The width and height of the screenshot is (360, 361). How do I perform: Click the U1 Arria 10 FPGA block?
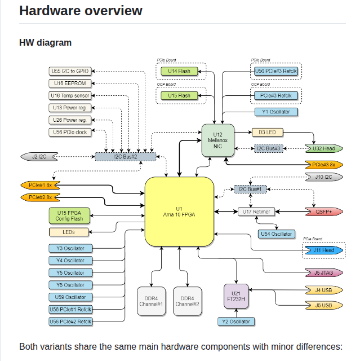tap(179, 212)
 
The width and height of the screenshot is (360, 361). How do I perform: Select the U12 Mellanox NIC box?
tap(218, 141)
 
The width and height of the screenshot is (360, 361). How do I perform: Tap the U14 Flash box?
tap(179, 71)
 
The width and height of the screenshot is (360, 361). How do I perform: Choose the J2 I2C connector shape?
tap(39, 156)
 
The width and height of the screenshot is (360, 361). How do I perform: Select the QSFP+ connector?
tap(323, 212)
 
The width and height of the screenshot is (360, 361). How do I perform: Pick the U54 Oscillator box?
tap(276, 234)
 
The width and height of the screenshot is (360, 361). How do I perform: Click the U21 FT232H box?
tap(236, 296)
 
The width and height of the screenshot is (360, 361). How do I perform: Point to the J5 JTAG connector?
tap(323, 273)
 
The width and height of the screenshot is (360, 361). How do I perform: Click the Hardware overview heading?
tap(81, 11)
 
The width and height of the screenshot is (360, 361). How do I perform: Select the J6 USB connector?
tap(323, 305)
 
